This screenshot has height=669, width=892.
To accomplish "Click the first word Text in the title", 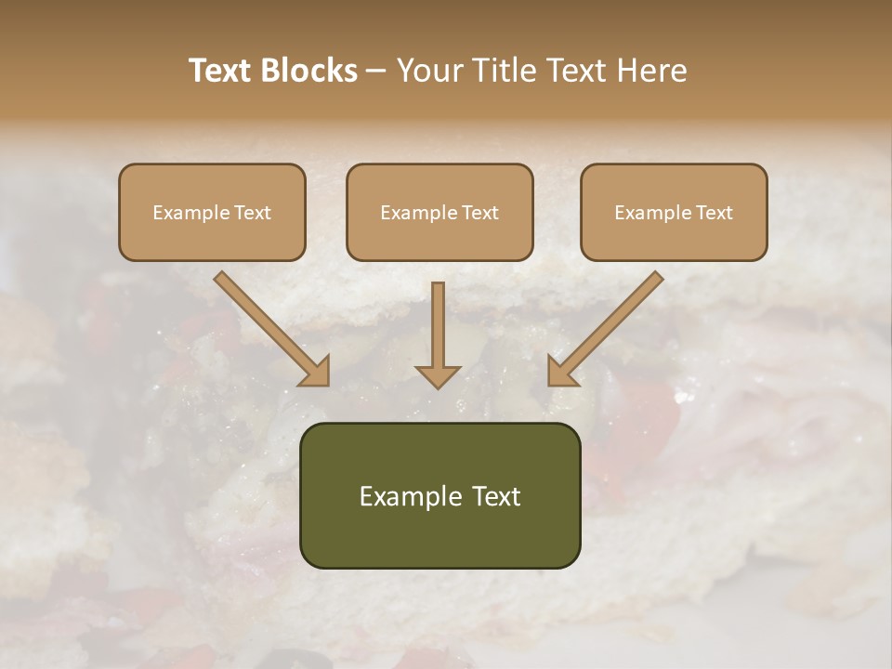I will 224,71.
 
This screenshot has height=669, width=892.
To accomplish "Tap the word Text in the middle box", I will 479,213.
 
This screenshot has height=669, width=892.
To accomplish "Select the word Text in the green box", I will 497,496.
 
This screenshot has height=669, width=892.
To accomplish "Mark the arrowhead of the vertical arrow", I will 438,375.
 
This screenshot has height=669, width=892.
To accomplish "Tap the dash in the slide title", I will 376,72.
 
